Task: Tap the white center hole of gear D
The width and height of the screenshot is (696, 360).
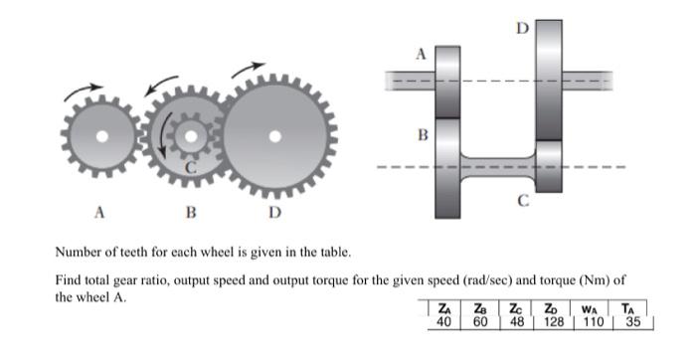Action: (x=275, y=135)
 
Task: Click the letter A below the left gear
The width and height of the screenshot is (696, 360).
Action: (x=97, y=212)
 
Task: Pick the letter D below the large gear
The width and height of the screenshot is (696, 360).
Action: (x=274, y=212)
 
